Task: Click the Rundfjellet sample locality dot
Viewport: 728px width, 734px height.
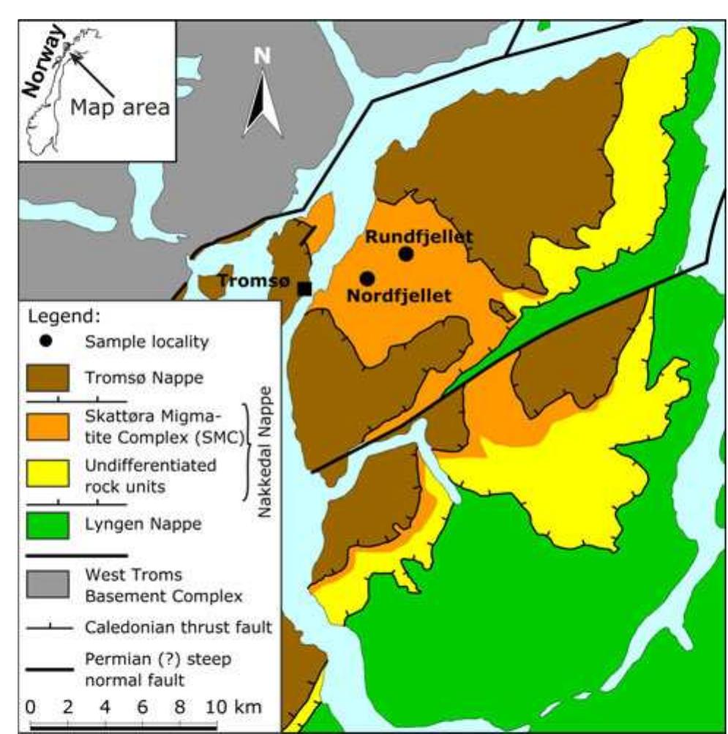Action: pyautogui.click(x=406, y=253)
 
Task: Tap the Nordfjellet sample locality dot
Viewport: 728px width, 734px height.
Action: pyautogui.click(x=367, y=278)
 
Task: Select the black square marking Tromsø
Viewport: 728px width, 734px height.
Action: pyautogui.click(x=304, y=288)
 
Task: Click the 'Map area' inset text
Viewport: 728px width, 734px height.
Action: pyautogui.click(x=120, y=108)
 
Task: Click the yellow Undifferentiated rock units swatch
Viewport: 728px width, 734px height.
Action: pyautogui.click(x=48, y=473)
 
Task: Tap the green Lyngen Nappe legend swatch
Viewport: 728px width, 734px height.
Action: pyautogui.click(x=48, y=524)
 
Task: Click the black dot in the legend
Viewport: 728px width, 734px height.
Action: pyautogui.click(x=46, y=341)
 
